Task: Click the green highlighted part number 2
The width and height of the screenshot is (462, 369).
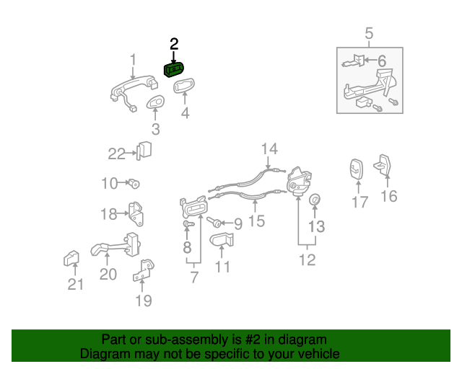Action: (174, 70)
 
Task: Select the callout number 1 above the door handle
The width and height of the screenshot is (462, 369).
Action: (133, 59)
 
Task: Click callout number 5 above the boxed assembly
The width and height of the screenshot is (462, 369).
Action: (369, 33)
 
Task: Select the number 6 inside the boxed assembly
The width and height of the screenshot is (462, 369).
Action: (382, 62)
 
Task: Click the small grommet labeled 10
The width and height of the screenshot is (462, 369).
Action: (134, 184)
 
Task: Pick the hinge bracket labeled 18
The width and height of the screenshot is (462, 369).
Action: (136, 213)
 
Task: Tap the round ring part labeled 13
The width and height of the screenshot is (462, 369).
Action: (315, 200)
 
